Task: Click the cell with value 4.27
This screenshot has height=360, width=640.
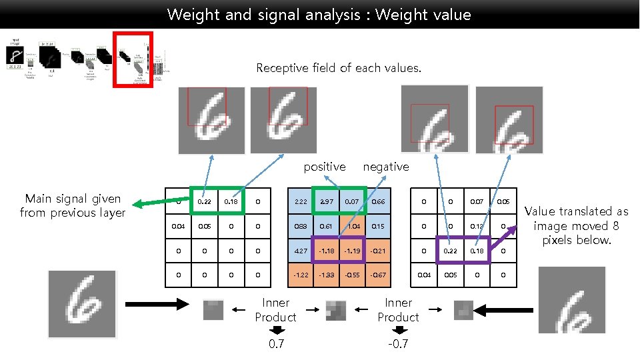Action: click(x=299, y=251)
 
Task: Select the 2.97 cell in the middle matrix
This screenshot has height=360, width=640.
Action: click(x=326, y=201)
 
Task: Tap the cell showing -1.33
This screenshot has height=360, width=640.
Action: click(x=326, y=275)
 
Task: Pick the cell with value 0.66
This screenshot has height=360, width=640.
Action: click(x=379, y=201)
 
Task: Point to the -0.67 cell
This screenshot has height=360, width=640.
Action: click(x=379, y=275)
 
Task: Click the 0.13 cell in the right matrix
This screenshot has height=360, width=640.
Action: click(x=477, y=226)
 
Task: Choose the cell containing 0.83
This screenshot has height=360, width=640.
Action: click(x=299, y=226)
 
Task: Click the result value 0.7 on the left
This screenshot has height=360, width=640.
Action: click(x=275, y=344)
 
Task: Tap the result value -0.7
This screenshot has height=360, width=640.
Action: click(x=398, y=344)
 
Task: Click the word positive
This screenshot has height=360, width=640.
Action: click(x=325, y=167)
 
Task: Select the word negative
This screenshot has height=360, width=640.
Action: click(x=386, y=167)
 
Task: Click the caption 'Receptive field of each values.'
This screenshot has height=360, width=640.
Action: click(x=339, y=68)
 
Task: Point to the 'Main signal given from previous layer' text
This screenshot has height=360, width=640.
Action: click(x=73, y=205)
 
